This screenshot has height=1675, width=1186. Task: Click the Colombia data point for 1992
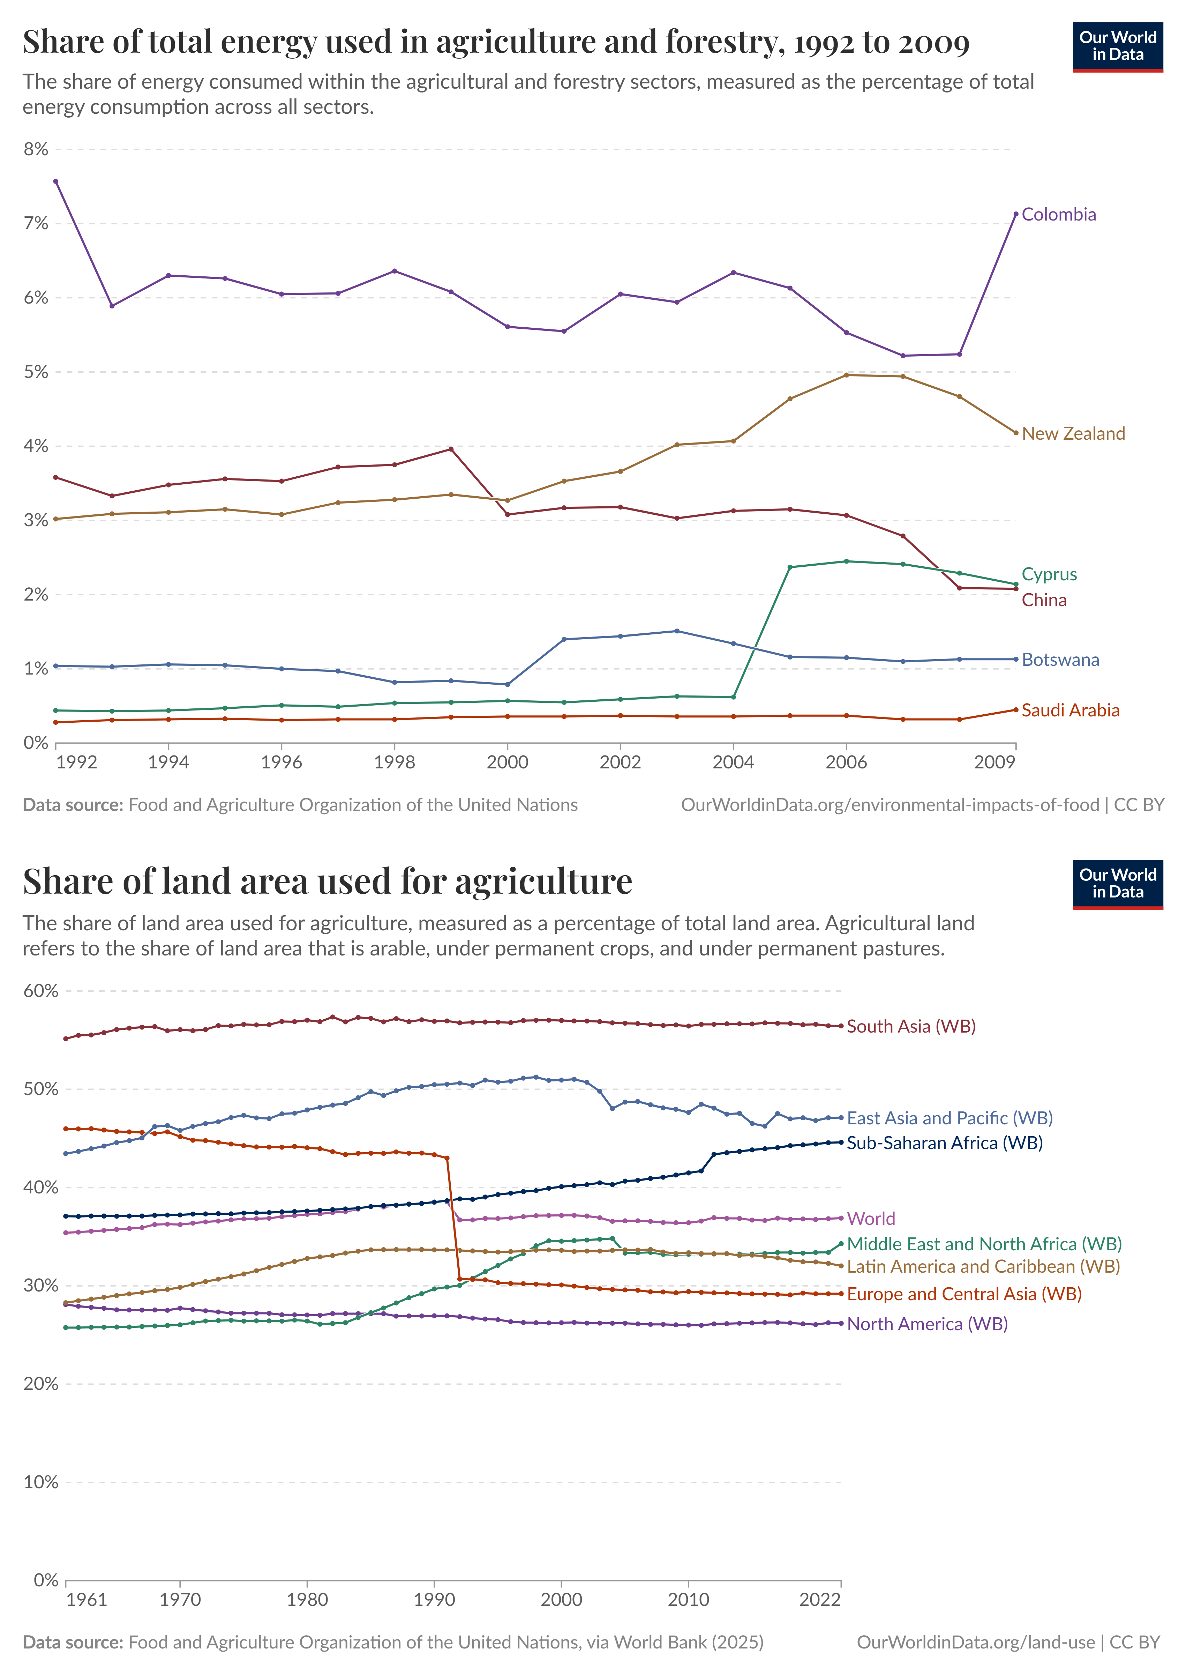click(x=56, y=181)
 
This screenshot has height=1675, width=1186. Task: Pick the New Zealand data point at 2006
click(x=846, y=375)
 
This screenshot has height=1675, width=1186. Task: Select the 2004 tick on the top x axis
click(x=733, y=762)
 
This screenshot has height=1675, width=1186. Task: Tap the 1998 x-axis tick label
click(x=395, y=762)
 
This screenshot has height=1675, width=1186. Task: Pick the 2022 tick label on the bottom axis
click(x=819, y=1600)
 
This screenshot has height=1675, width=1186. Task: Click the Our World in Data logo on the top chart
click(x=1117, y=47)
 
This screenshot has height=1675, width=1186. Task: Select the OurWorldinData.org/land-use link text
click(x=976, y=1642)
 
